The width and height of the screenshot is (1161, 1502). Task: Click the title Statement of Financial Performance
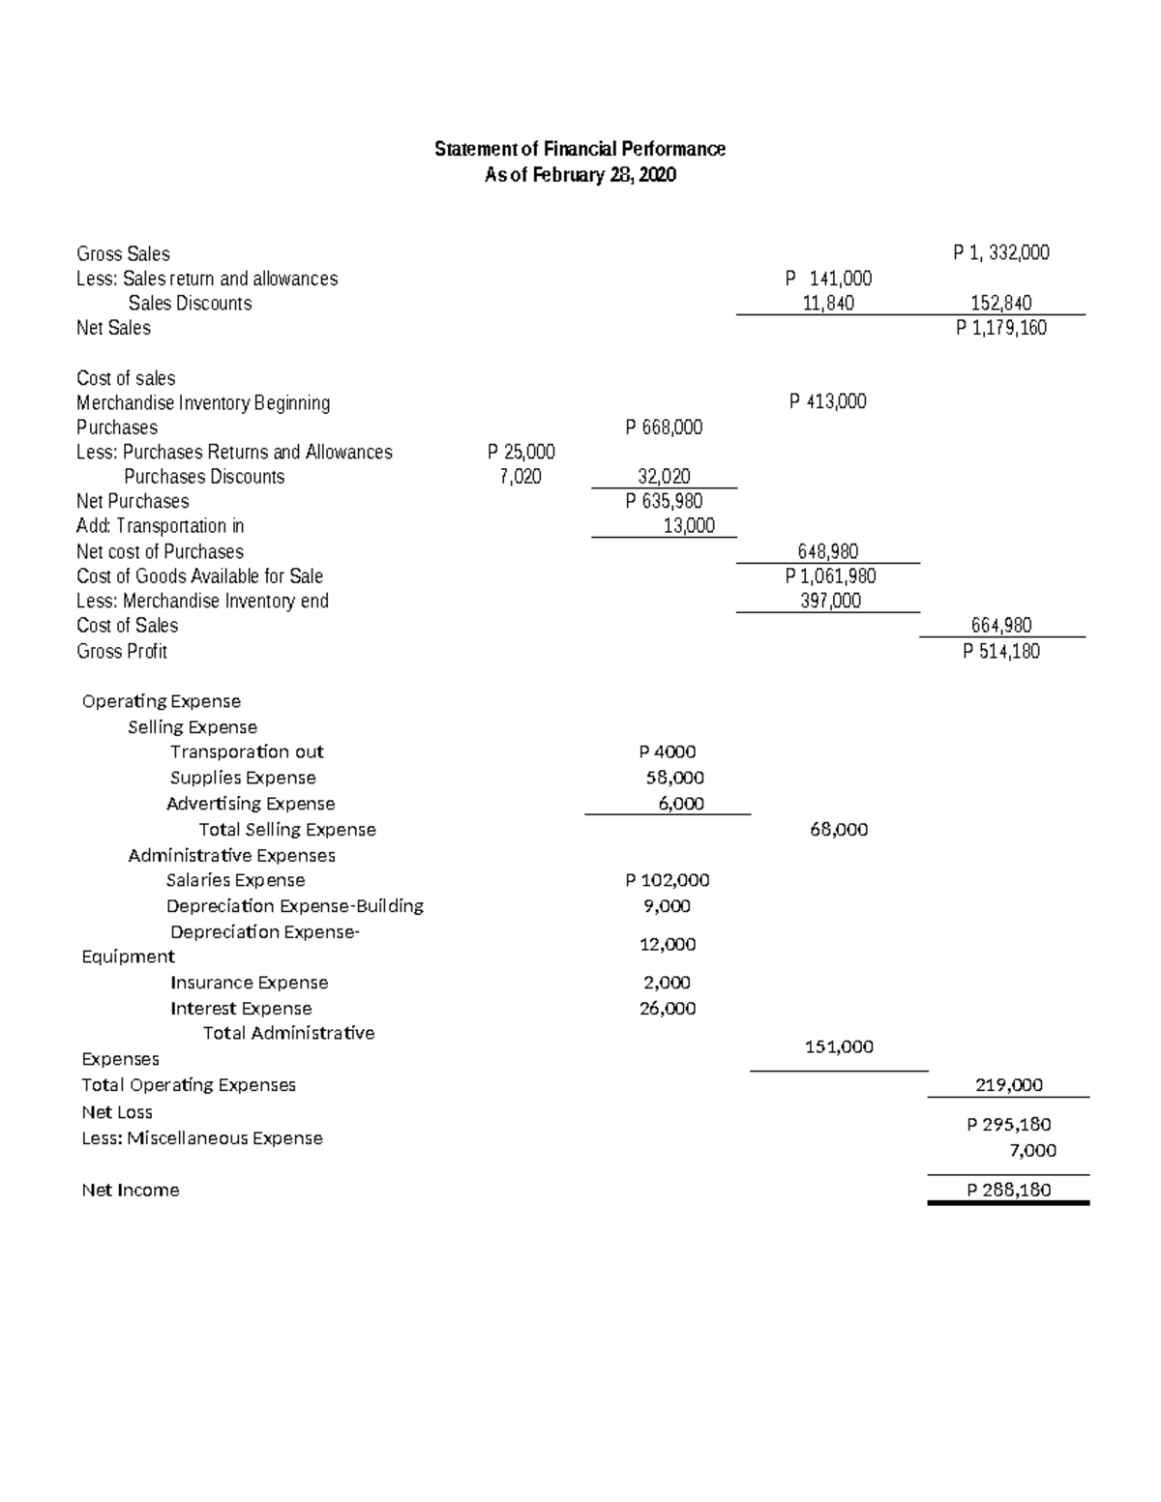(580, 149)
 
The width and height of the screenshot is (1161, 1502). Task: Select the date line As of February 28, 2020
(580, 175)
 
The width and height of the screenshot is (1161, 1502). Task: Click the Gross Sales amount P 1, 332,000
(1000, 253)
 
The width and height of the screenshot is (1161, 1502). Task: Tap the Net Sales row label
(113, 328)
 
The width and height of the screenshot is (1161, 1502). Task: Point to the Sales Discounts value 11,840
(828, 304)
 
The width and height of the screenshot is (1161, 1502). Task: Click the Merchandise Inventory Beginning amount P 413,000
(827, 402)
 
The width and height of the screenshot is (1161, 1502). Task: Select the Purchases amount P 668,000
(664, 427)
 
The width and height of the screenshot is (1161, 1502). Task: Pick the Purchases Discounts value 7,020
(521, 477)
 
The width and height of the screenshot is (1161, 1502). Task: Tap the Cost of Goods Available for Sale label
(199, 576)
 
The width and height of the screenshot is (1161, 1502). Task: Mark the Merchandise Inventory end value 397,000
(828, 601)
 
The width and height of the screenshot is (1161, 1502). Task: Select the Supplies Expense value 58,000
(674, 778)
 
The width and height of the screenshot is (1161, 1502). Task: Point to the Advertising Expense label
(251, 804)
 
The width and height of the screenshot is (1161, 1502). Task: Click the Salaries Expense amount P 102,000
(667, 880)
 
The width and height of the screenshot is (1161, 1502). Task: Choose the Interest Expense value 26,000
(668, 1008)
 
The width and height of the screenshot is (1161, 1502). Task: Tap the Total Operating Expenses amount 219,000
(1008, 1085)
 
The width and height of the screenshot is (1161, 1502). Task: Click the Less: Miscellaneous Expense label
(202, 1138)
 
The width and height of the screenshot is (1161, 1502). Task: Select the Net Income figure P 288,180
(1008, 1190)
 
